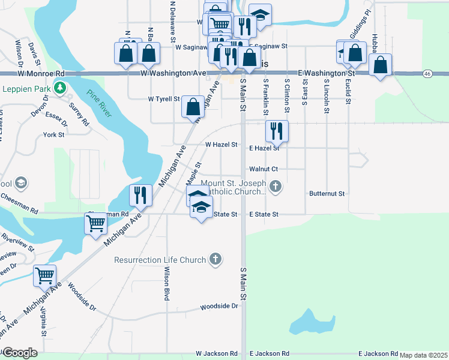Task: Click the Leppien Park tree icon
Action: click(x=59, y=88)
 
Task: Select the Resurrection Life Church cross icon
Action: click(x=216, y=260)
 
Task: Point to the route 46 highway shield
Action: click(x=427, y=73)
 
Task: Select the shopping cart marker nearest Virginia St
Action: click(x=45, y=275)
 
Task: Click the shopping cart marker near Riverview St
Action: click(x=96, y=224)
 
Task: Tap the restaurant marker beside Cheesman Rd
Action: click(x=140, y=195)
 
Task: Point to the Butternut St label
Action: click(x=327, y=194)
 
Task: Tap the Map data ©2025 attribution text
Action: click(x=423, y=355)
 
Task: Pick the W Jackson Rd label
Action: click(x=216, y=354)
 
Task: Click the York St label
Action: click(x=54, y=135)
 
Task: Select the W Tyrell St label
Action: click(x=164, y=98)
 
